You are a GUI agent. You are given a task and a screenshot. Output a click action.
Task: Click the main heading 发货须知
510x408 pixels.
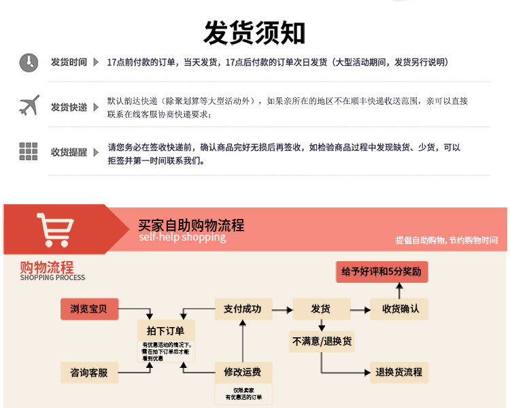(254, 32)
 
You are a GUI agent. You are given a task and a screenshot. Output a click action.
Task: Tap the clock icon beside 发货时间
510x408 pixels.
(29, 63)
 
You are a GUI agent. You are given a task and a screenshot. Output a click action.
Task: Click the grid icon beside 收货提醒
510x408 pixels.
(29, 151)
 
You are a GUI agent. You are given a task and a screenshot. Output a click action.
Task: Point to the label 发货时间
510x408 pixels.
(69, 63)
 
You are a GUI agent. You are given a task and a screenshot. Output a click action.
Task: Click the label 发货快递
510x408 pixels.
(69, 107)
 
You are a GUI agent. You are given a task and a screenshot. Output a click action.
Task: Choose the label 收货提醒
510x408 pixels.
(69, 152)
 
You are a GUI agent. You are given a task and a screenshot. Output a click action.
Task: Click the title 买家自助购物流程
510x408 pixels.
(190, 225)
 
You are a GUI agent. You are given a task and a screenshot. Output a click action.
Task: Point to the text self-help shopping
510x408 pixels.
(182, 237)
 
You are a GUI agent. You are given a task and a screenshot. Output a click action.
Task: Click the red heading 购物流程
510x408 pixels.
(46, 267)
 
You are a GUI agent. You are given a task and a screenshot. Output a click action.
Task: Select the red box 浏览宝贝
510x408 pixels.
(88, 309)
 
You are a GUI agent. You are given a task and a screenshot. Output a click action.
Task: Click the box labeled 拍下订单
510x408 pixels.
(165, 330)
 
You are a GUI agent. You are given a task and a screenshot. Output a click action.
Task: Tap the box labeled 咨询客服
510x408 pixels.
(88, 373)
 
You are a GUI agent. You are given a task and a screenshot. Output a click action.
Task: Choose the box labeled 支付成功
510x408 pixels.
(242, 309)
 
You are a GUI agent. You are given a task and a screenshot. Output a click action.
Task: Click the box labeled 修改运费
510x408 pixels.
(242, 372)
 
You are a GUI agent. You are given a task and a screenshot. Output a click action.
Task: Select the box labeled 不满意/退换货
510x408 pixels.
(322, 341)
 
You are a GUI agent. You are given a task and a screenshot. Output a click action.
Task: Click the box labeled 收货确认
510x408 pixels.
(401, 309)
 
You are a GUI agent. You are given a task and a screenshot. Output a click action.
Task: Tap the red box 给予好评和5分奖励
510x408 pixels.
(381, 272)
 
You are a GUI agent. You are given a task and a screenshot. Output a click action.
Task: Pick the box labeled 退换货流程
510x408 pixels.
(398, 372)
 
